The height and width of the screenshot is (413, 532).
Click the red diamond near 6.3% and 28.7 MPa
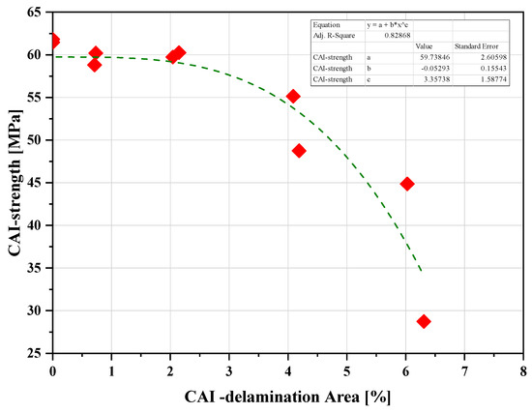point(424,321)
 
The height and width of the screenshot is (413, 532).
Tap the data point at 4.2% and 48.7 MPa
point(299,151)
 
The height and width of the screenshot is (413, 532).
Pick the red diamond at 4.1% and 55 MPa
point(293,96)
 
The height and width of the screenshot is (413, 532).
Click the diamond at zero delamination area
point(53,41)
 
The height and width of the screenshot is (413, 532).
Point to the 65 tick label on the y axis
point(35,13)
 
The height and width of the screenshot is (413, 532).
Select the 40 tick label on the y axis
point(35,225)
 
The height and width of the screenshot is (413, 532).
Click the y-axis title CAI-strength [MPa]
point(14,184)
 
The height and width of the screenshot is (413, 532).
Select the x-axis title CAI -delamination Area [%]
point(287,398)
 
